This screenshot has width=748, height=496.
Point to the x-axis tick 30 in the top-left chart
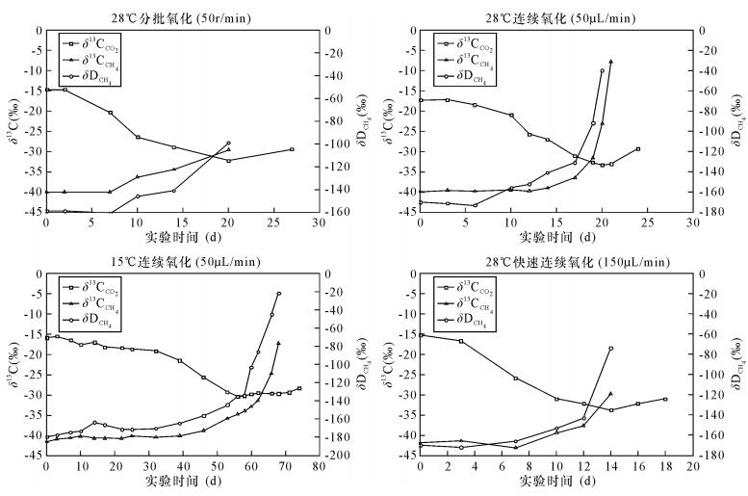point(319,222)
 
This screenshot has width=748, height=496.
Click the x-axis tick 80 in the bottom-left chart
point(319,465)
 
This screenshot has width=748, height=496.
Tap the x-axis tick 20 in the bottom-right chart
point(692,465)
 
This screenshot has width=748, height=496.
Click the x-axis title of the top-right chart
point(555,235)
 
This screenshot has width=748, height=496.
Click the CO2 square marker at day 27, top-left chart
point(292,149)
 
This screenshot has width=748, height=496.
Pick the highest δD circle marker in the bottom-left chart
point(279,294)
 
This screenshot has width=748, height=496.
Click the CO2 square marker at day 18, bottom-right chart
point(665,399)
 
